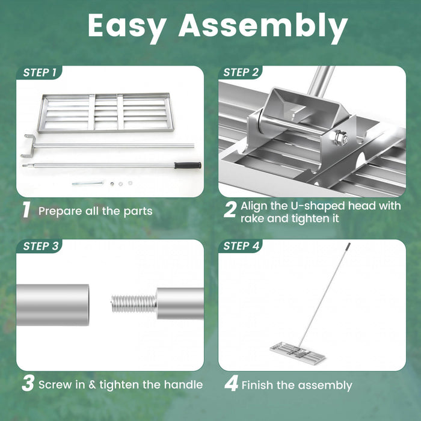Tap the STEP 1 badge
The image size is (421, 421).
click(40, 73)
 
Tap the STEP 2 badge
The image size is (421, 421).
click(241, 73)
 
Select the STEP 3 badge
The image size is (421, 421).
click(40, 246)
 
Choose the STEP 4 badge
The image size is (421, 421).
click(241, 246)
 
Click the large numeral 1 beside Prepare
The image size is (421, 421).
click(26, 210)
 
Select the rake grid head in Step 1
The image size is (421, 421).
click(105, 112)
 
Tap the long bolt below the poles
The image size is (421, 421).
click(87, 183)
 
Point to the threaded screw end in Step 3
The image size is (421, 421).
click(133, 303)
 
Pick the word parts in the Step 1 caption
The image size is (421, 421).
click(138, 211)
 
